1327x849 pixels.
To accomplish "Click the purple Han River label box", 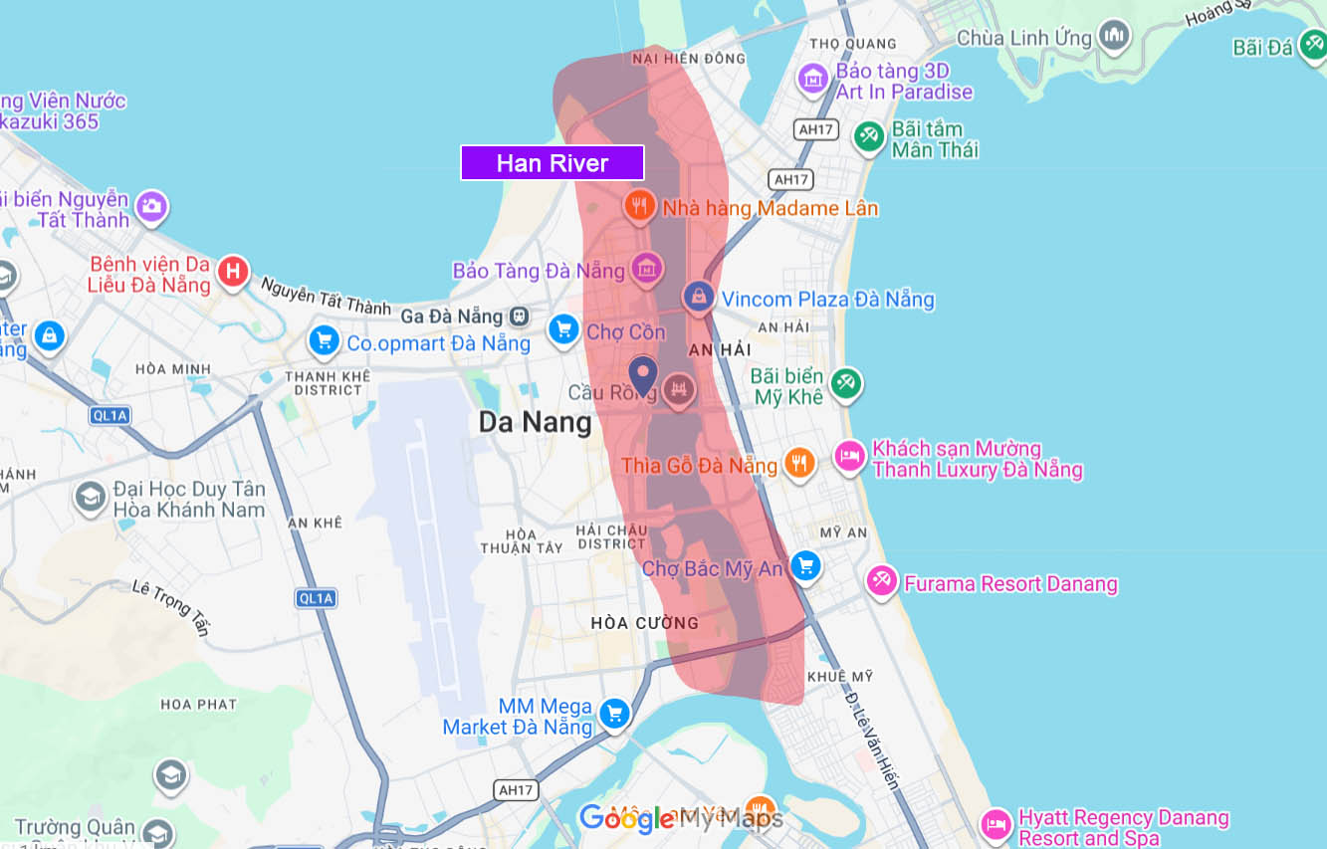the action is (553, 163).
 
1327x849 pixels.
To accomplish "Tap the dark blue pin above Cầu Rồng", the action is (643, 375).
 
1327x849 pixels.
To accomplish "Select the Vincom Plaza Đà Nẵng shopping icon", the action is (698, 296).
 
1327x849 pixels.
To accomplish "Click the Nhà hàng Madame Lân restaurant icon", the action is (638, 206).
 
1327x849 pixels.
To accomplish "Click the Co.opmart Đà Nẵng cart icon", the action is (324, 340).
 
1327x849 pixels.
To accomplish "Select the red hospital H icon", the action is (233, 271).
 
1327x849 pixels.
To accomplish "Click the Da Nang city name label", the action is (535, 422).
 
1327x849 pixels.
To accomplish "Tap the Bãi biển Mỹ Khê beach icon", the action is (846, 383).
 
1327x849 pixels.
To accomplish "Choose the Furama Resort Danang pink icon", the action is (881, 581).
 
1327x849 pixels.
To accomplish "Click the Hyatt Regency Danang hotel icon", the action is (995, 825).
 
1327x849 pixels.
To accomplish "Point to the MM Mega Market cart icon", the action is (614, 713).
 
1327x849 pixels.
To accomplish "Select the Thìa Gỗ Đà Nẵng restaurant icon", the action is (798, 462).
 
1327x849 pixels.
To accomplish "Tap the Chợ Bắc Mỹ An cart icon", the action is (805, 566).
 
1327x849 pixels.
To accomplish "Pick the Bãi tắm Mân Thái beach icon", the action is (870, 136).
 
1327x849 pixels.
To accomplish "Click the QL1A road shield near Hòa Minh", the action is (110, 416).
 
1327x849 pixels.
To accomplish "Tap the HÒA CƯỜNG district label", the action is (644, 623).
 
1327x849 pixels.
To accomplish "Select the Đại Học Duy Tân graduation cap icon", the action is (91, 497).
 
